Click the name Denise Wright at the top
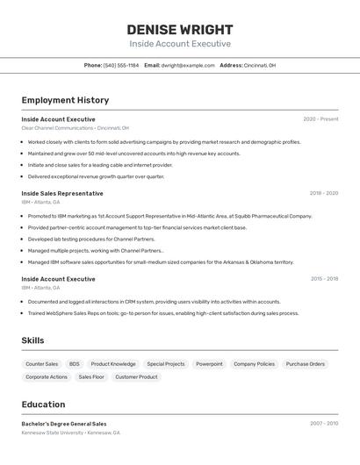pos(180,29)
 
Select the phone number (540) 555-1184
pos(121,65)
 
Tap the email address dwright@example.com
pos(188,65)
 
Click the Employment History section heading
pos(65,100)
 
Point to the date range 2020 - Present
pos(320,119)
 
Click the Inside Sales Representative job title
pos(62,193)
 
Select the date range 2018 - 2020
pos(323,193)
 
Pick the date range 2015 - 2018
pos(324,279)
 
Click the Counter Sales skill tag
pos(42,363)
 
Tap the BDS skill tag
pos(75,363)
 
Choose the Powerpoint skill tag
pos(209,363)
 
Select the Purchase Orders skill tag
pos(306,363)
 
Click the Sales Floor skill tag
pos(91,376)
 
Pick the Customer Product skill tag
pos(137,376)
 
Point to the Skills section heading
pos(32,340)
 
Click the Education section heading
pos(43,404)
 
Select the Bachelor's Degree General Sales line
pos(64,424)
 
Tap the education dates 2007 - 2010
pos(323,424)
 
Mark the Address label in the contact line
pos(231,65)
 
